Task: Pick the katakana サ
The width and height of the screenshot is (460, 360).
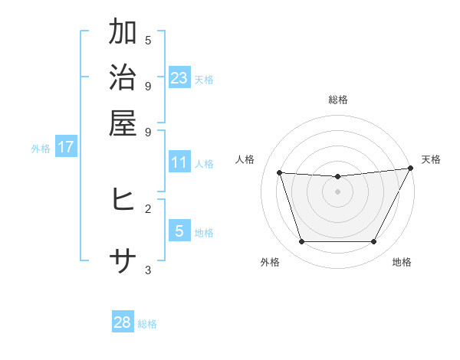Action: (x=123, y=262)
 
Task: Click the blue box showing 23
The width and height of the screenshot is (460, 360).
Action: (x=179, y=77)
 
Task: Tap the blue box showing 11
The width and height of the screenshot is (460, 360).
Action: (x=179, y=162)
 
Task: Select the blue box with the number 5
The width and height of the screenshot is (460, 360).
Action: (x=179, y=231)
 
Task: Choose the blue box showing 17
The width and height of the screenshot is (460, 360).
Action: (x=66, y=147)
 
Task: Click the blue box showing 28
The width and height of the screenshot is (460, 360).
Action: (x=123, y=322)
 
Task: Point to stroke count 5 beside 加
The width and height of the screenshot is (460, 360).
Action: (x=148, y=40)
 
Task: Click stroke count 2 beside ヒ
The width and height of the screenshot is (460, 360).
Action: (x=148, y=208)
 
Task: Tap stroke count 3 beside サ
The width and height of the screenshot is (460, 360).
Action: (x=148, y=270)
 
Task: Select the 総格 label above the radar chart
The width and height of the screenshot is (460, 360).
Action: (x=337, y=100)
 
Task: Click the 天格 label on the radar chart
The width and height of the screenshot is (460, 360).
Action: (x=431, y=159)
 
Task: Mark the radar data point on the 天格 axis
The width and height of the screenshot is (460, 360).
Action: (x=410, y=169)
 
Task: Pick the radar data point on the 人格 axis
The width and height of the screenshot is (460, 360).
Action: (x=280, y=173)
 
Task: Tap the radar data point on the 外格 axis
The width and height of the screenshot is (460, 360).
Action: (x=301, y=242)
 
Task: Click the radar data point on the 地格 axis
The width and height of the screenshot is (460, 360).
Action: (x=373, y=242)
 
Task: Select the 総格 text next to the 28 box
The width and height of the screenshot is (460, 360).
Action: (x=147, y=324)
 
